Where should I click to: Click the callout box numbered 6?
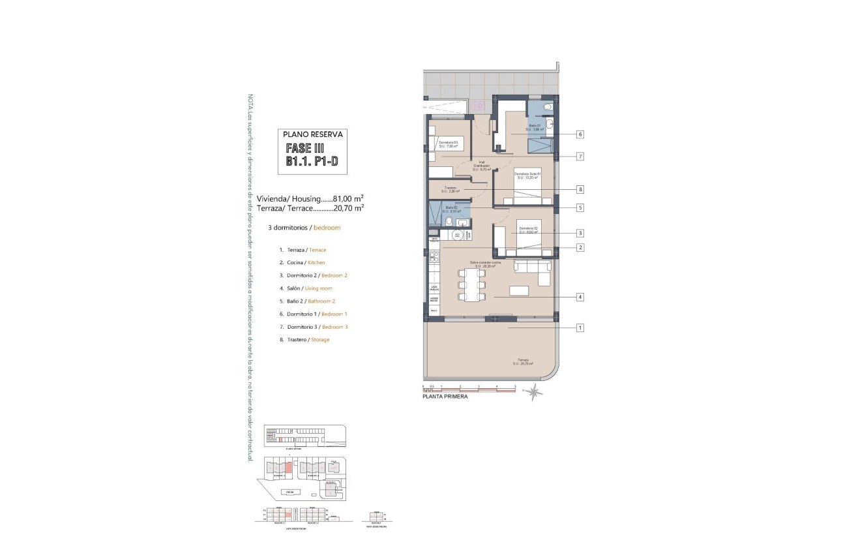(580, 134)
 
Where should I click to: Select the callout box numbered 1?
(580, 328)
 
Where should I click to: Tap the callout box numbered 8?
(580, 190)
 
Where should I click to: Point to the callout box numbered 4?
(580, 297)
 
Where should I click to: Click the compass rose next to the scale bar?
(534, 392)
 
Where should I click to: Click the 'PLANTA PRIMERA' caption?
(445, 396)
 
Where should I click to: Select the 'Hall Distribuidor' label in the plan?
(481, 166)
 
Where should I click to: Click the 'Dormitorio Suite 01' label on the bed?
(529, 175)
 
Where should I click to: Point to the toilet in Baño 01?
(548, 106)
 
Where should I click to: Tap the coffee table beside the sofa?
(519, 291)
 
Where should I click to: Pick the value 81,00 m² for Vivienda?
(347, 198)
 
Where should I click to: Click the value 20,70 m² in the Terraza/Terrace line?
(347, 209)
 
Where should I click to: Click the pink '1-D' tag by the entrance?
(478, 106)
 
